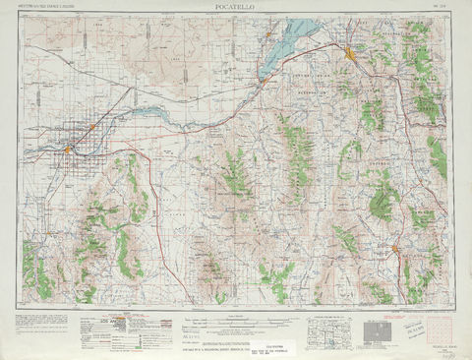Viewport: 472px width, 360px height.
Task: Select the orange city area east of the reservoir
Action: [351, 51]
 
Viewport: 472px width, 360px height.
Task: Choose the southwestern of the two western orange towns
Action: [68, 149]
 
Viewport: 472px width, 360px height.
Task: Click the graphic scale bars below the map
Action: [236, 318]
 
